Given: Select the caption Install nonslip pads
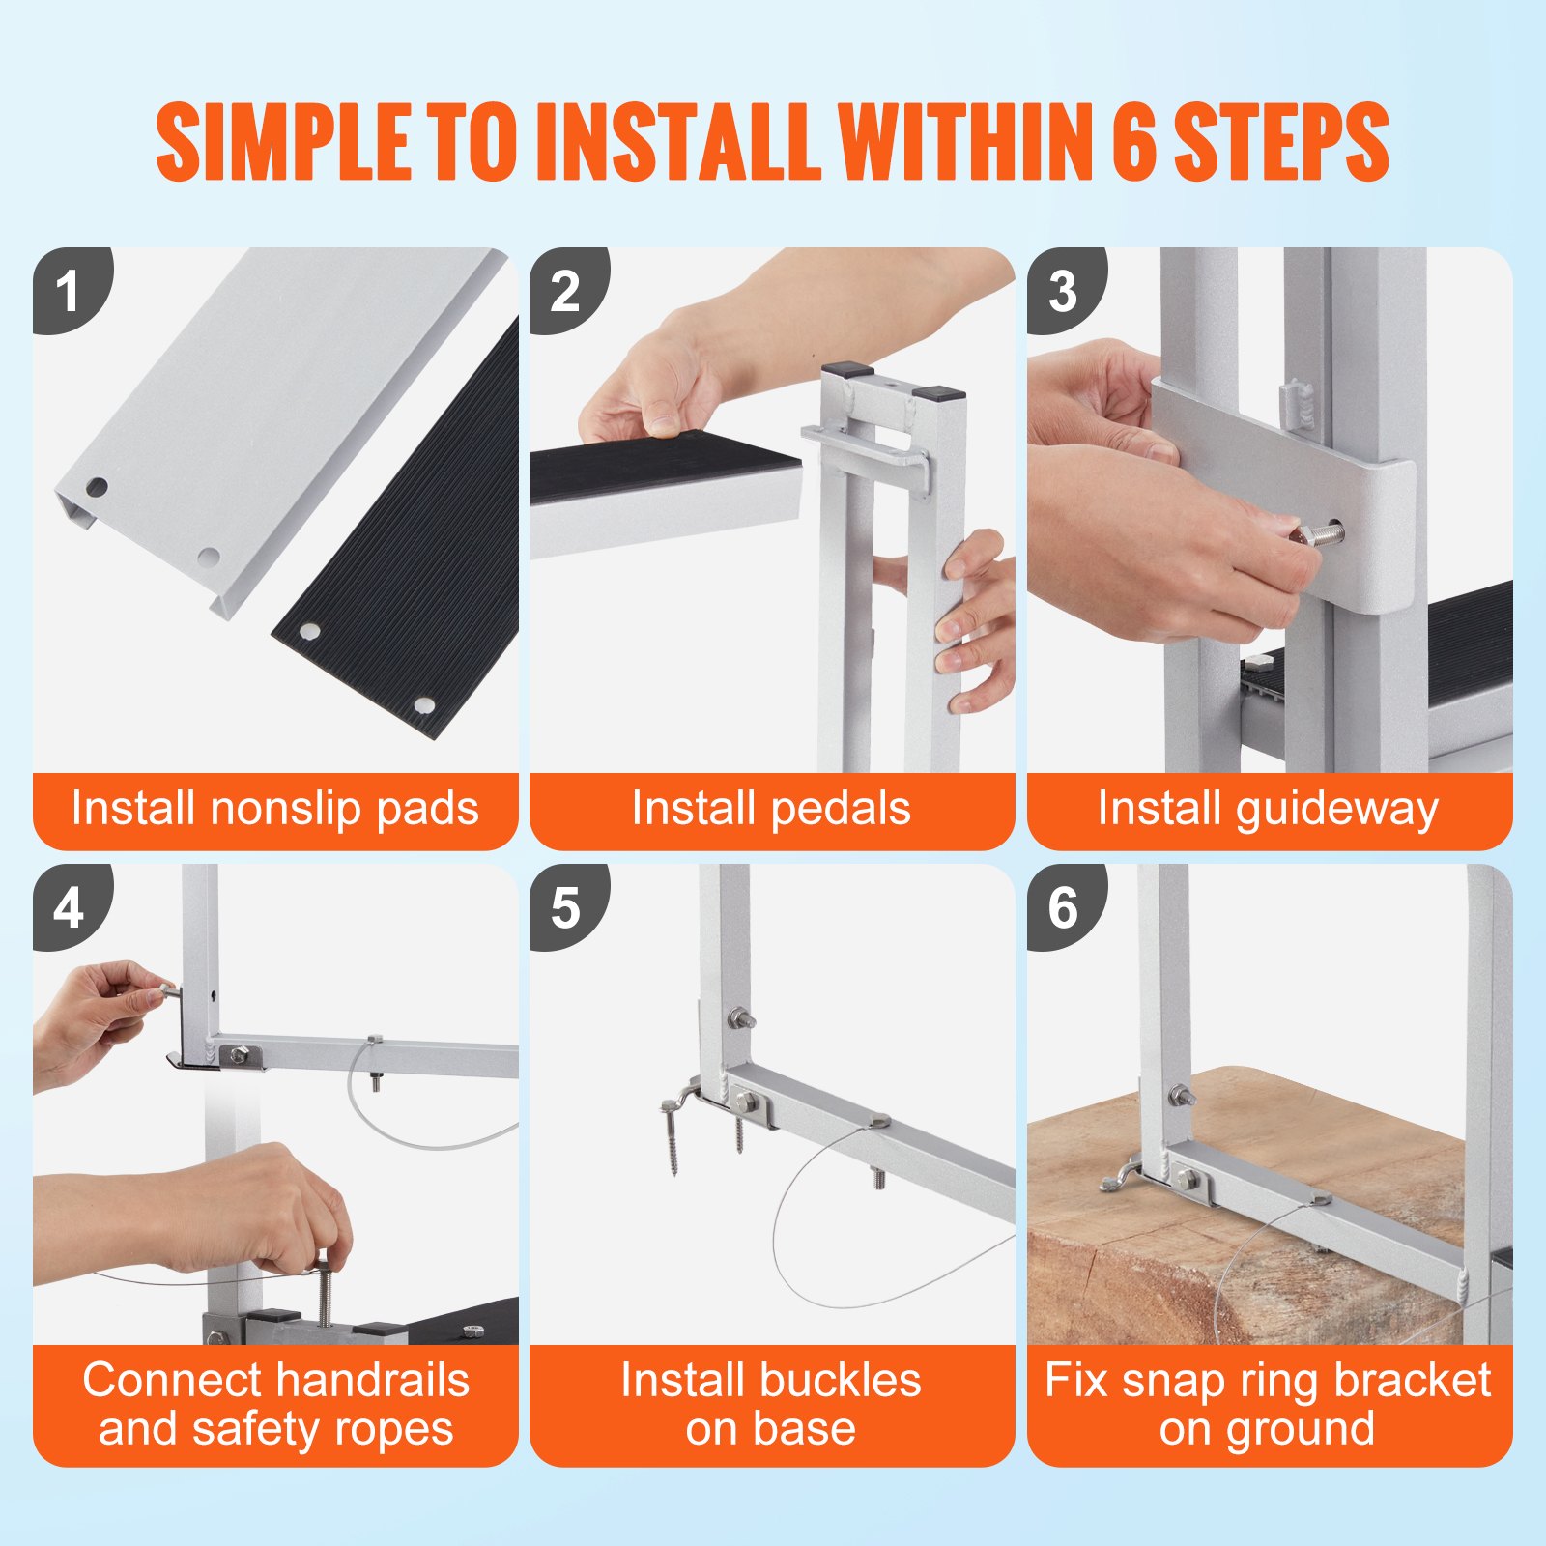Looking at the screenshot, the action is (x=275, y=809).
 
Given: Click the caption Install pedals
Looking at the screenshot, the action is (x=771, y=809).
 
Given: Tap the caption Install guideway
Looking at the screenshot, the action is (x=1269, y=810).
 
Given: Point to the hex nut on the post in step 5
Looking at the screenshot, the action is (x=740, y=1019).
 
